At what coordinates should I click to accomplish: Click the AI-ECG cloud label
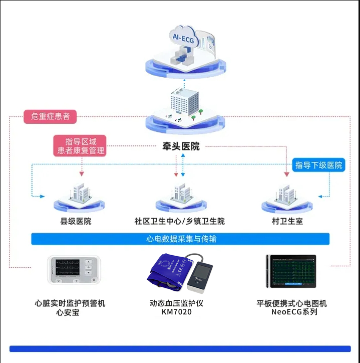tap(184, 37)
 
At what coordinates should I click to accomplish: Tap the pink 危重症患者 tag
tap(50, 117)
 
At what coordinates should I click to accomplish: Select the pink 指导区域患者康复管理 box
tap(81, 145)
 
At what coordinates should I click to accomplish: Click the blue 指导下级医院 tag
tap(318, 165)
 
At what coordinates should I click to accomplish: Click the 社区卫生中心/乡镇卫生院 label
tap(180, 221)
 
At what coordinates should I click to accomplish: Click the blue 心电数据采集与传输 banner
tap(180, 239)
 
